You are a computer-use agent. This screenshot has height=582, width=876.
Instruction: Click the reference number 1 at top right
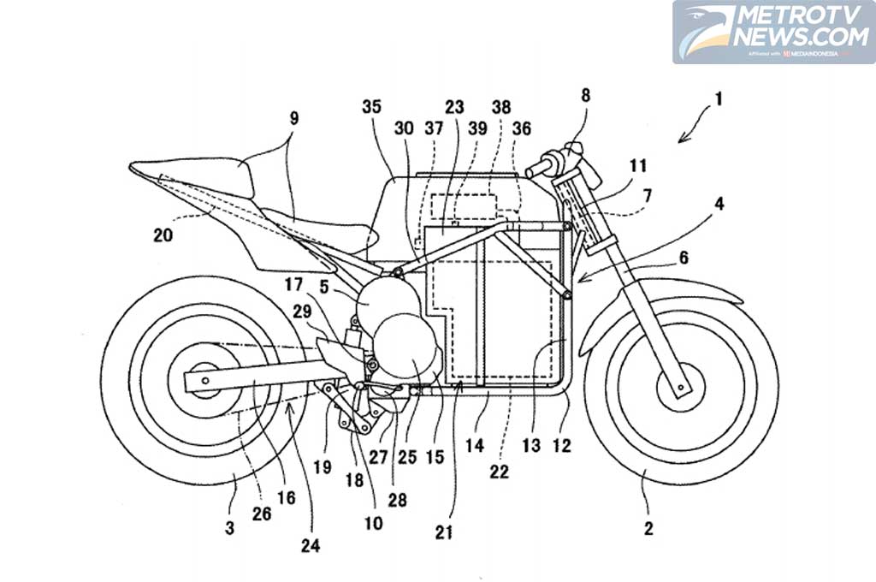tap(719, 98)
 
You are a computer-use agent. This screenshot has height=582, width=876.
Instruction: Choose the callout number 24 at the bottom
tap(311, 545)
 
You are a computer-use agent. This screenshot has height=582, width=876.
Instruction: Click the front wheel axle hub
tap(680, 388)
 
